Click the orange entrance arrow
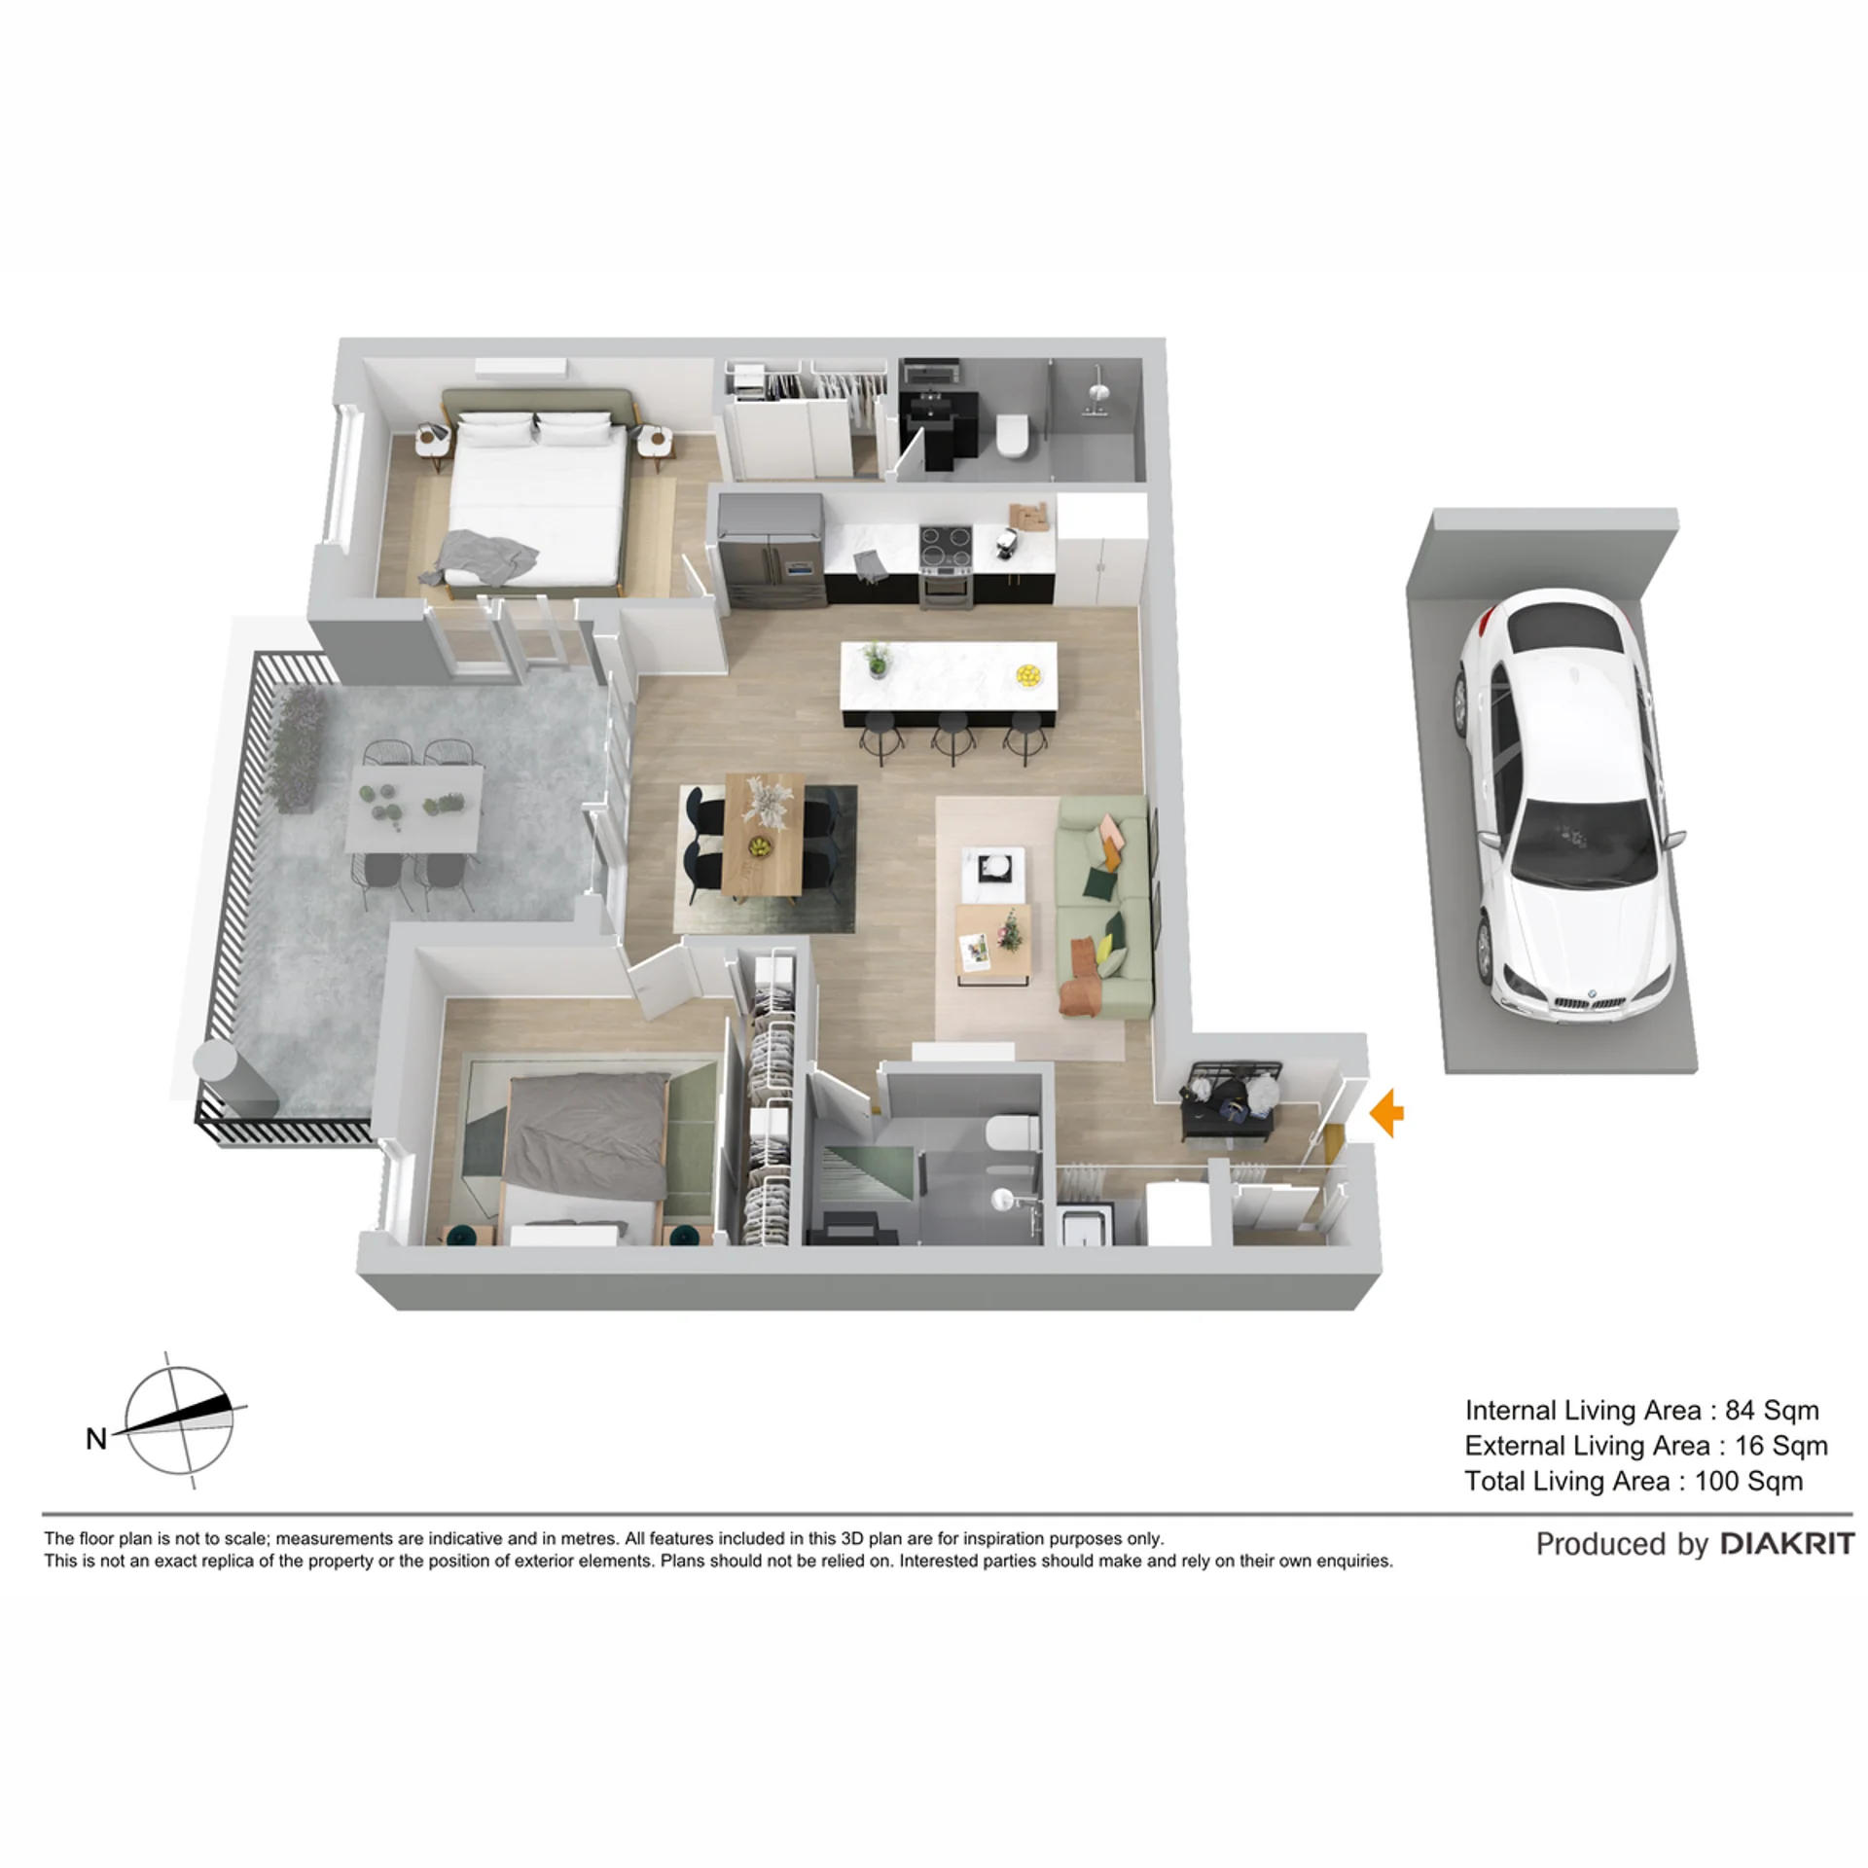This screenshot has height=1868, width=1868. pyautogui.click(x=1387, y=1114)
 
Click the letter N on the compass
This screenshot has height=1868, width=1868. pyautogui.click(x=96, y=1439)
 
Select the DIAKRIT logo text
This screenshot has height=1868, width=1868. pyautogui.click(x=1787, y=1544)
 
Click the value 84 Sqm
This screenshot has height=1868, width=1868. pyautogui.click(x=1772, y=1410)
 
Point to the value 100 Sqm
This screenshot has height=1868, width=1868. pyautogui.click(x=1749, y=1481)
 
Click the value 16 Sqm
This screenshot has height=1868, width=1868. pyautogui.click(x=1781, y=1446)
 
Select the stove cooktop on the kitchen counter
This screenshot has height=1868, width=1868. pyautogui.click(x=946, y=544)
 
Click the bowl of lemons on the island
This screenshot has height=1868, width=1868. pyautogui.click(x=1028, y=674)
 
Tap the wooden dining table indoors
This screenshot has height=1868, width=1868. pyautogui.click(x=763, y=834)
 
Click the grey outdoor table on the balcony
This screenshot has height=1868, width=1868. pyautogui.click(x=415, y=808)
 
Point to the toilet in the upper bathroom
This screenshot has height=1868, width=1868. pyautogui.click(x=1013, y=435)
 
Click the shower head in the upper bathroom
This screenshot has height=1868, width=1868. pyautogui.click(x=1099, y=389)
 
